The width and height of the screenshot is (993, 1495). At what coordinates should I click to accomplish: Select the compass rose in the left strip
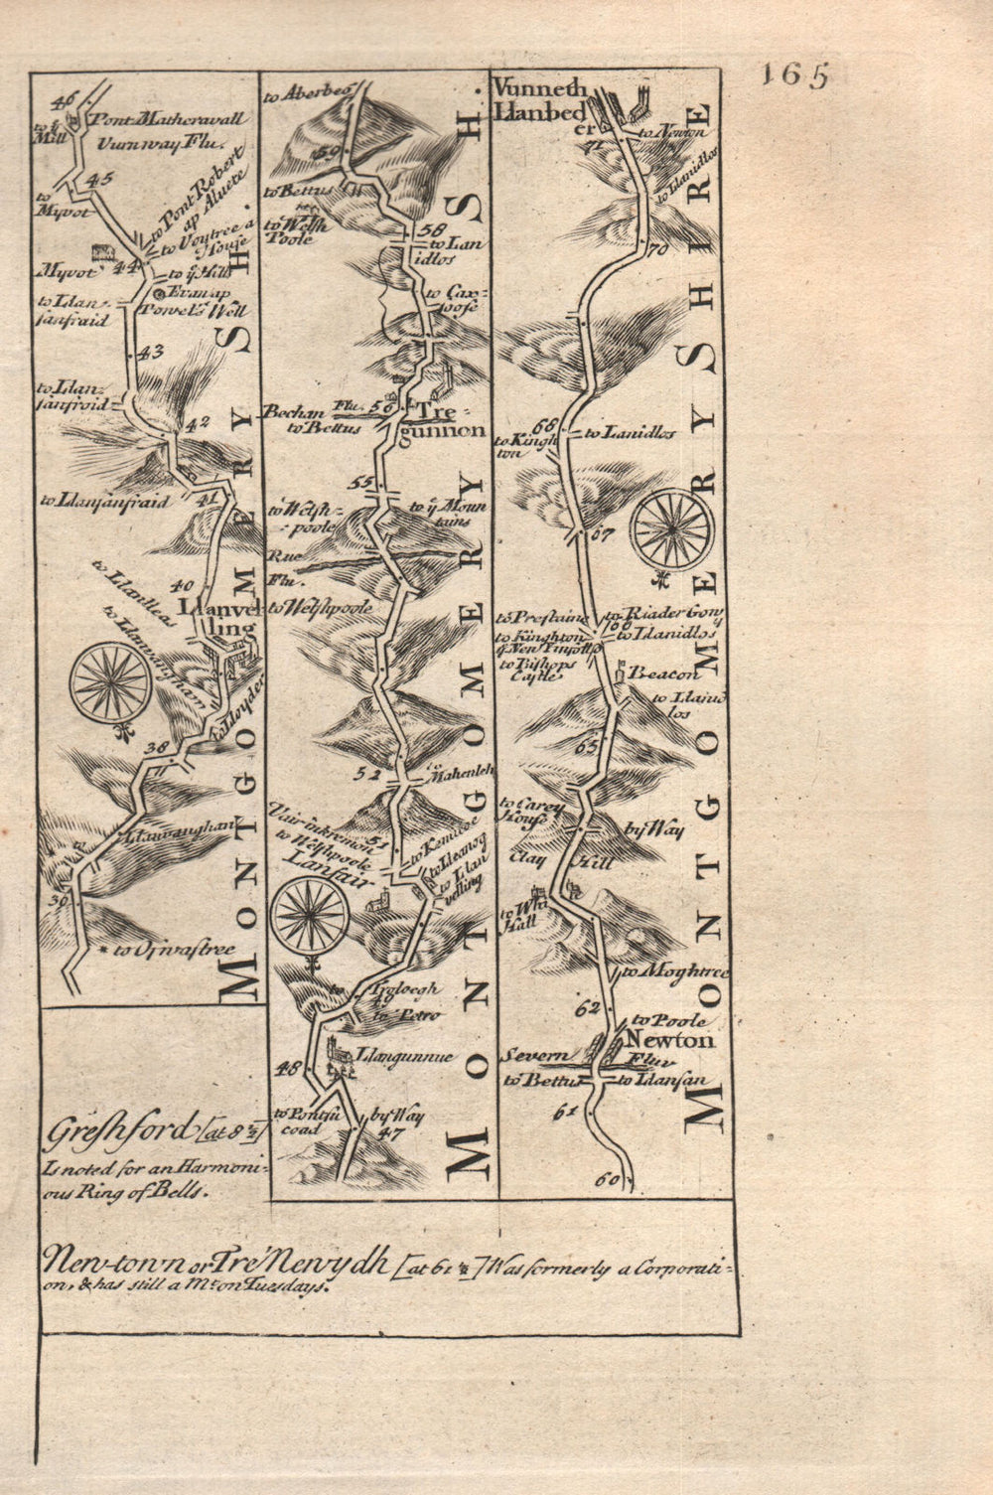109,683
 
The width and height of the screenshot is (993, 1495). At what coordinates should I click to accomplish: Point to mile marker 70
652,250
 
